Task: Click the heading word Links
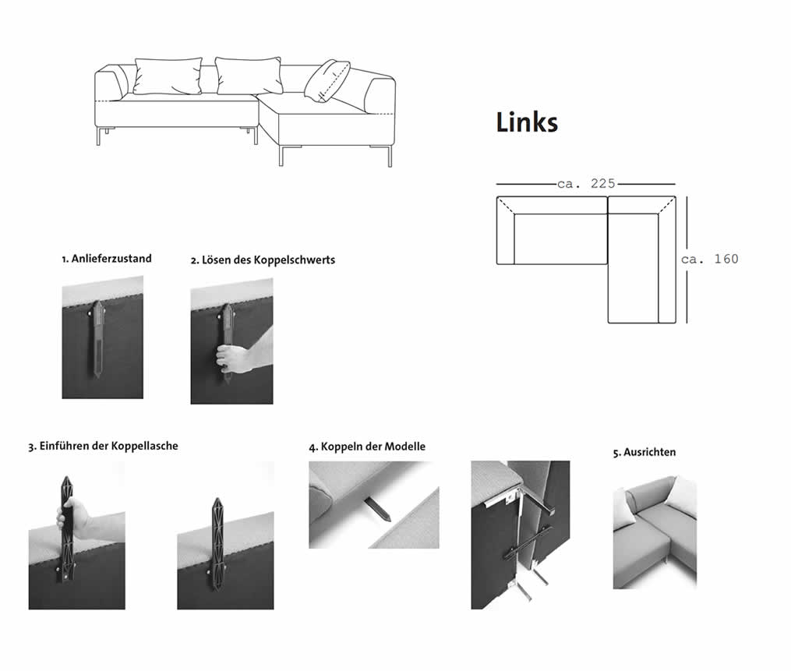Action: click(527, 122)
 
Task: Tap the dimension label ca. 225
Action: click(587, 184)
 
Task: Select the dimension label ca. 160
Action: click(710, 259)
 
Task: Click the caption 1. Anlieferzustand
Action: click(107, 258)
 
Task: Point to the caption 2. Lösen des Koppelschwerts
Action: click(263, 260)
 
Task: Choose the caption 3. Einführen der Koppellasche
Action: click(104, 447)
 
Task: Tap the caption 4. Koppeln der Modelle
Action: click(367, 447)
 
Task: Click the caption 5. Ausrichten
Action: click(644, 452)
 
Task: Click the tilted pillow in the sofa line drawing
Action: click(327, 80)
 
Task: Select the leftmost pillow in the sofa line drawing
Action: click(168, 76)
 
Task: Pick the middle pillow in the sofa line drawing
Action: click(248, 75)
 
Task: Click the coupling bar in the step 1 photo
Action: click(99, 337)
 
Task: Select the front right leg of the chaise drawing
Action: click(390, 156)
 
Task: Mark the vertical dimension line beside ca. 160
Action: click(687, 259)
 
